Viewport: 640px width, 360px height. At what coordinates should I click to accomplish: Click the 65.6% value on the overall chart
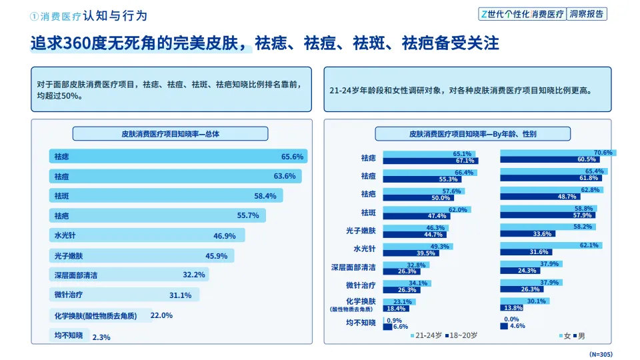tap(292, 157)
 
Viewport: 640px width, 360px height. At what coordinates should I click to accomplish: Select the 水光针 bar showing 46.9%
tap(147, 235)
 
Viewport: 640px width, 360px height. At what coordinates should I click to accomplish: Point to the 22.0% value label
tap(161, 315)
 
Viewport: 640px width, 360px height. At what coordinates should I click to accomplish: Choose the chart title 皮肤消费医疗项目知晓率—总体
tap(170, 134)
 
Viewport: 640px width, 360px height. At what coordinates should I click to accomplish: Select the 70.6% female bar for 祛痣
tap(557, 153)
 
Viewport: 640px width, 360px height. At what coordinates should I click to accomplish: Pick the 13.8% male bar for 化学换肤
tap(512, 307)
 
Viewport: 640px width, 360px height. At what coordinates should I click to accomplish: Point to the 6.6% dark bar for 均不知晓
tap(389, 327)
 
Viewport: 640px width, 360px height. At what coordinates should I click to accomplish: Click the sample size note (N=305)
tap(601, 353)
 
